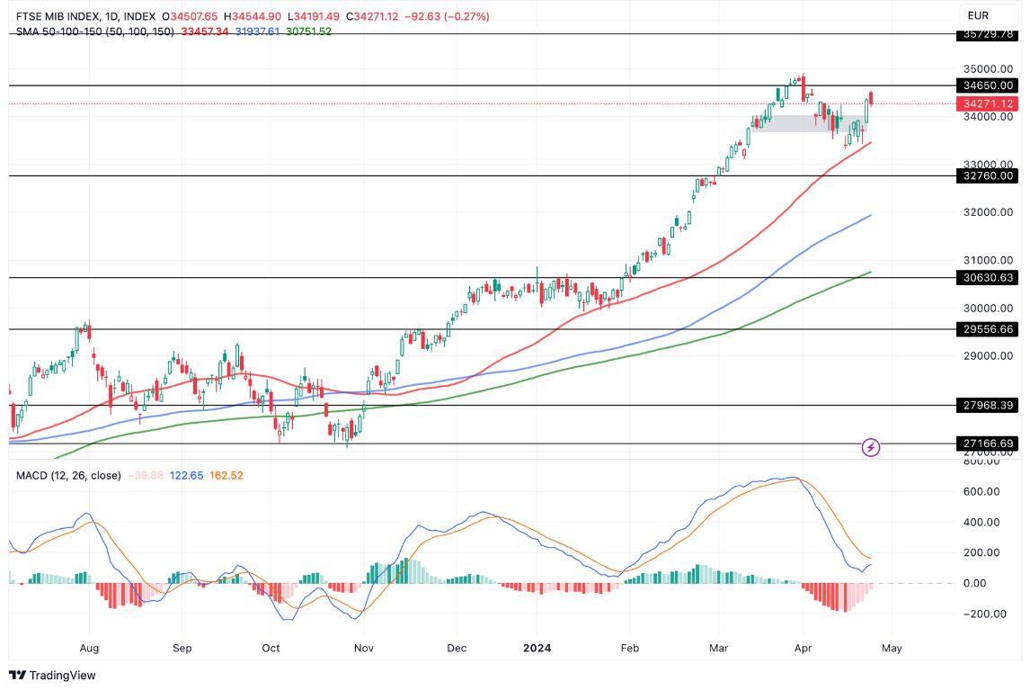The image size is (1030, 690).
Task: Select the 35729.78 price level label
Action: point(988,34)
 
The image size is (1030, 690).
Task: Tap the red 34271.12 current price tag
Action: point(988,103)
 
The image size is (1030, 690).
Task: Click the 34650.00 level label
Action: point(988,85)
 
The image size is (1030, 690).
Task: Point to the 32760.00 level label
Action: point(988,176)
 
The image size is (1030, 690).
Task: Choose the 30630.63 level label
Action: point(988,278)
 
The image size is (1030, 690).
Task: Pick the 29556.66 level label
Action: point(988,329)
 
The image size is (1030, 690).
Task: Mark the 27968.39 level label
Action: point(988,405)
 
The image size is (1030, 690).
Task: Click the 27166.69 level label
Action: point(988,444)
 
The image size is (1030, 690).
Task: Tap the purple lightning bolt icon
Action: point(870,447)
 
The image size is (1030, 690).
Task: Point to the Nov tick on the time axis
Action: point(363,648)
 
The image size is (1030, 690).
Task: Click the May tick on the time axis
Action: point(892,648)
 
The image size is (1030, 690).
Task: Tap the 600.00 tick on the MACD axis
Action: point(981,491)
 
